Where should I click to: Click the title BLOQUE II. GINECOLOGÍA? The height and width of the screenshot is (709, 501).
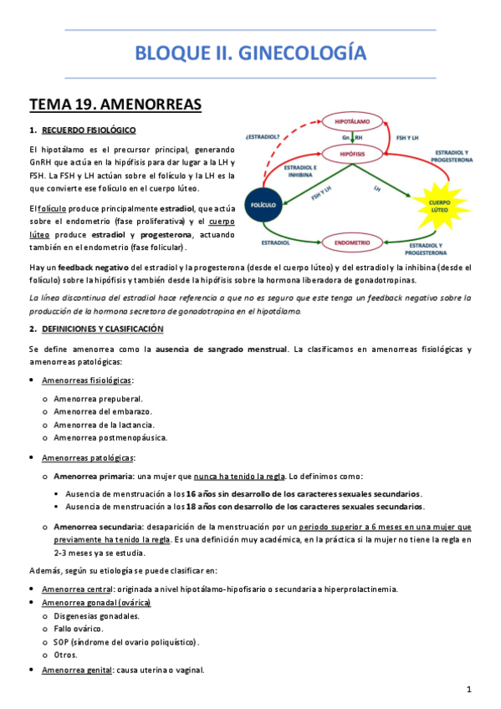coord(250,54)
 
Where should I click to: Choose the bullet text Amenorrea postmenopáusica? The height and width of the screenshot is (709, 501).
coord(110,437)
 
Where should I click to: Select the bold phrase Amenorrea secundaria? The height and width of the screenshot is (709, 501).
coord(96,527)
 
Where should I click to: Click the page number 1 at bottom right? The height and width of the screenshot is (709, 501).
coord(469,689)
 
